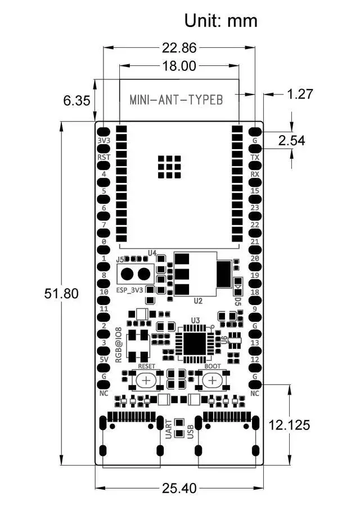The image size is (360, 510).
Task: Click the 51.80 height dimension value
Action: (x=62, y=294)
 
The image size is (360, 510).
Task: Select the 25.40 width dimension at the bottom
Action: (x=178, y=488)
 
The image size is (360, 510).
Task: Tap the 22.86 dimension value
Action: (x=179, y=47)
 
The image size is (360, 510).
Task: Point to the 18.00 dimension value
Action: (x=179, y=66)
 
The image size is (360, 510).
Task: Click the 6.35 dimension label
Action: (x=76, y=101)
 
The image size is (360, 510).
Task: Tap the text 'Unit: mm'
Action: (x=221, y=21)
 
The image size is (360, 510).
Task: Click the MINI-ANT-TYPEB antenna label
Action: (x=177, y=100)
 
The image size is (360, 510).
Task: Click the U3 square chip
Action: (x=195, y=341)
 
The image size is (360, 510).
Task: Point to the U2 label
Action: (x=197, y=301)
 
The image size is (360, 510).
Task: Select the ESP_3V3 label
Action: (x=129, y=290)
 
